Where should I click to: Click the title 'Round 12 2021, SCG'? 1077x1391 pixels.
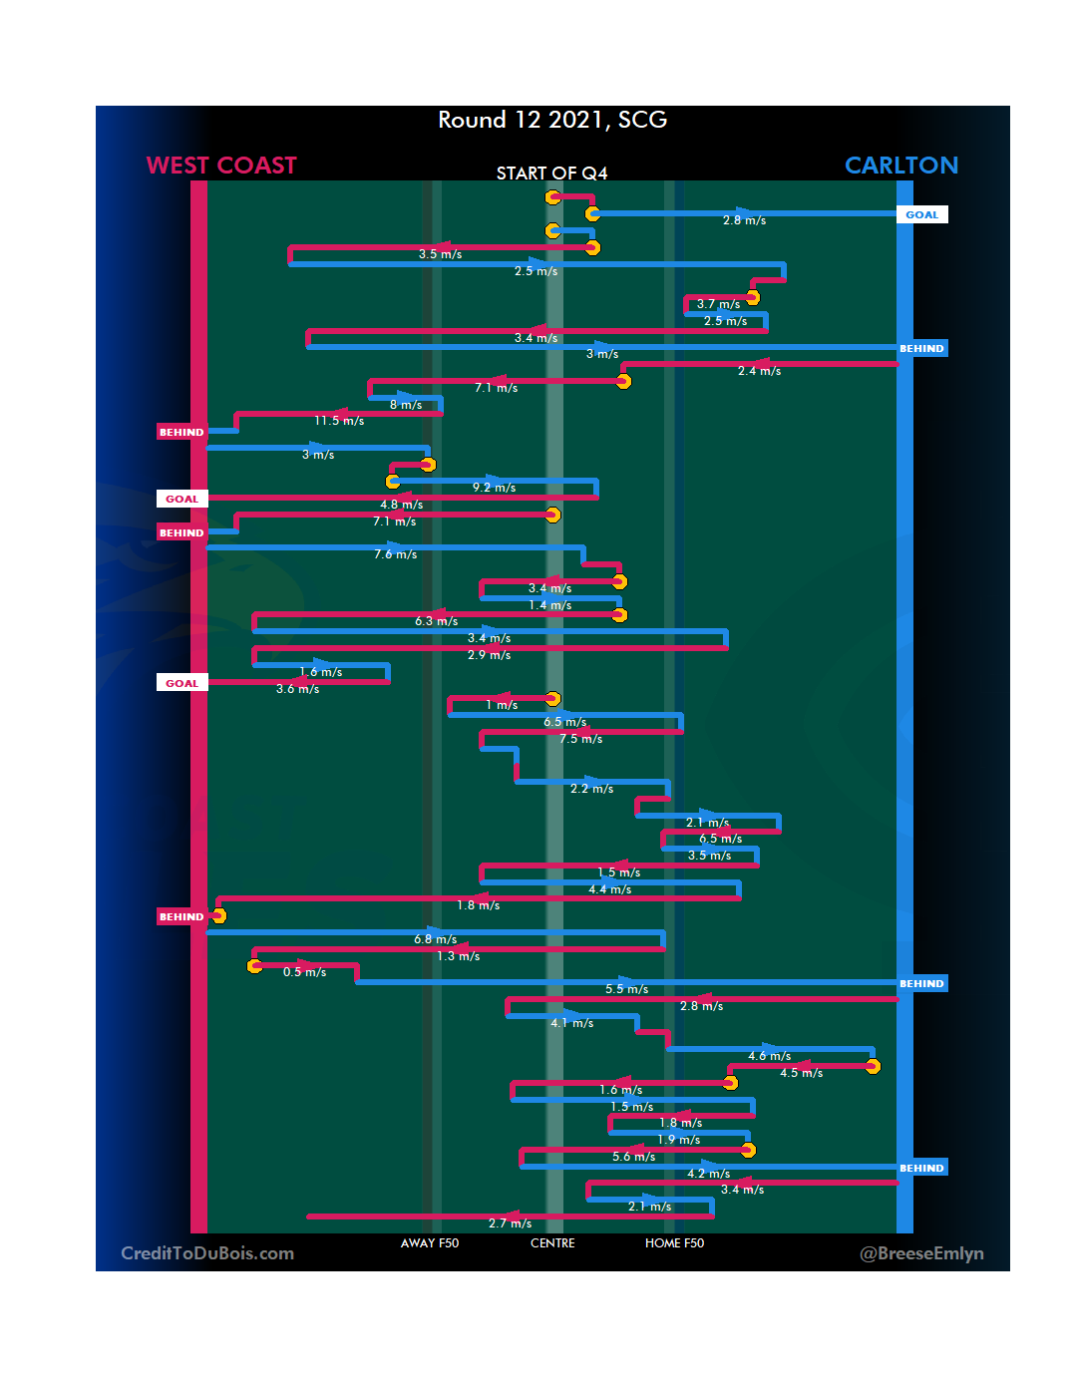552,121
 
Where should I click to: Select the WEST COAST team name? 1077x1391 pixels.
221,166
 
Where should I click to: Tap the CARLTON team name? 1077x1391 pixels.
900,166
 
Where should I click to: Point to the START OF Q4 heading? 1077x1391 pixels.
551,174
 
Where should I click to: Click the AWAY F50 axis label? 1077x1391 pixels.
430,1243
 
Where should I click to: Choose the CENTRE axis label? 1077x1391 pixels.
552,1243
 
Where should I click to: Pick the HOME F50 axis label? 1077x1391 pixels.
674,1243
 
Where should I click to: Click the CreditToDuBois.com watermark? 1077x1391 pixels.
207,1253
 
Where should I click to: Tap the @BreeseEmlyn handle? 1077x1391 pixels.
921,1253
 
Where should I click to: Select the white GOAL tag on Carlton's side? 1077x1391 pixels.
921,214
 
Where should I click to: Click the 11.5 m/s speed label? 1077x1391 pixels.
339,421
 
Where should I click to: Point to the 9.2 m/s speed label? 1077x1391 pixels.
494,488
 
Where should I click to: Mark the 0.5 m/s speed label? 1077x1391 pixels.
304,972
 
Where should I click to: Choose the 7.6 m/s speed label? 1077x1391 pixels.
396,554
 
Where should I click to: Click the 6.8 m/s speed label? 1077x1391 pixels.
436,939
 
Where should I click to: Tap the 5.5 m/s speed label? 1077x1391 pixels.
626,989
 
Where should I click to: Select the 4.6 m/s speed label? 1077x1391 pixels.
769,1056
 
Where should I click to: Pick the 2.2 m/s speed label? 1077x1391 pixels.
591,789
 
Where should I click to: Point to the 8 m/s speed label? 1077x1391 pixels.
406,405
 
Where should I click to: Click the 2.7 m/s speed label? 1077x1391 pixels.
510,1223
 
